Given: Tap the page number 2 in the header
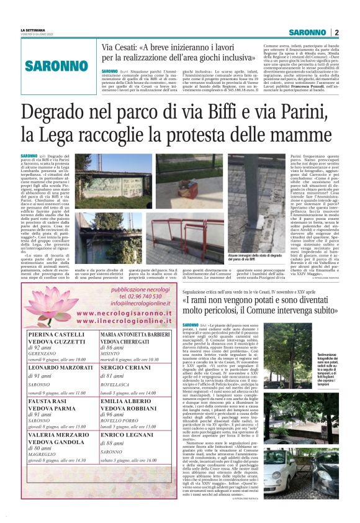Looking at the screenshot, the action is click(x=336, y=32).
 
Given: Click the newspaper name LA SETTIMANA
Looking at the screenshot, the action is click(x=33, y=30).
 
